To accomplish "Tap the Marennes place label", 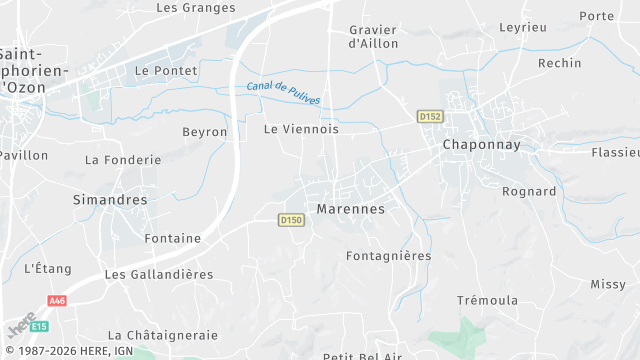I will tap(350, 209).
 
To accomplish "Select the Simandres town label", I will tap(110, 200).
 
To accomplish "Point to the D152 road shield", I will tap(430, 117).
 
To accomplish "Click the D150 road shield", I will tap(291, 220).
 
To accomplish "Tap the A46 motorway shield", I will tap(56, 300).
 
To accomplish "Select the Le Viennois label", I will tap(301, 130).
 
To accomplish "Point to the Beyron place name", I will tap(205, 132).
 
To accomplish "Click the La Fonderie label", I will tap(123, 160).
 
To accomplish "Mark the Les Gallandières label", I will tap(159, 274).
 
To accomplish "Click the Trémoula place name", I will tap(487, 301).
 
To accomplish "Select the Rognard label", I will tap(528, 191).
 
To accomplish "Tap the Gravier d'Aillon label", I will tap(373, 37).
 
